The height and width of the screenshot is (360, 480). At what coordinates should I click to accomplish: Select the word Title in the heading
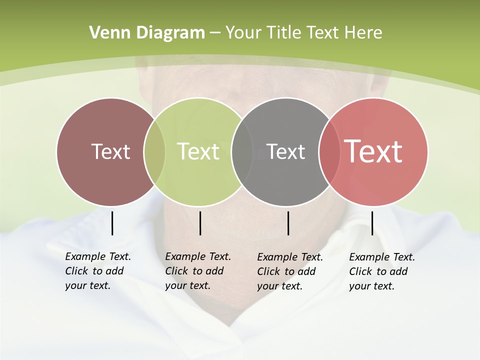[x=282, y=33]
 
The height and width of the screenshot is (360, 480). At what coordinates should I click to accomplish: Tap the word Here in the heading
[x=364, y=33]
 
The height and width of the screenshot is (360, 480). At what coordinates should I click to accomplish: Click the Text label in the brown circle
[x=110, y=151]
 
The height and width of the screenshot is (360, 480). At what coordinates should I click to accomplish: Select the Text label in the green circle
[x=198, y=151]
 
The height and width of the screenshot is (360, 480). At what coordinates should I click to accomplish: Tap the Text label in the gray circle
[x=285, y=151]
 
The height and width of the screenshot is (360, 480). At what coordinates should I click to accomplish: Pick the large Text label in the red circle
[x=373, y=151]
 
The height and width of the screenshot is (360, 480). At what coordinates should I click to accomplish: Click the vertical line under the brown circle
[x=112, y=223]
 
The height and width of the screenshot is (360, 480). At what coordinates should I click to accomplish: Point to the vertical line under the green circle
[x=200, y=223]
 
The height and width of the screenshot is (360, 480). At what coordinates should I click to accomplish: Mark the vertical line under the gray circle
[x=288, y=223]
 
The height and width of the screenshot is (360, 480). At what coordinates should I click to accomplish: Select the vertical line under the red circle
[x=372, y=223]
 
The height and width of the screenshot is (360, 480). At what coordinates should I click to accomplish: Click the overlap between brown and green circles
[x=154, y=152]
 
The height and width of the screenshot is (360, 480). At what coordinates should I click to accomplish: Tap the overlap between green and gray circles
[x=242, y=152]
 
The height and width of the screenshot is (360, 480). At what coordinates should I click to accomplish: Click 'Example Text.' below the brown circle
[x=98, y=256]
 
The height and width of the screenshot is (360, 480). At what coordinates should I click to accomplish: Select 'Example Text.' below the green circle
[x=198, y=256]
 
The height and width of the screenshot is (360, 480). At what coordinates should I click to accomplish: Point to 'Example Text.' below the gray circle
[x=290, y=257]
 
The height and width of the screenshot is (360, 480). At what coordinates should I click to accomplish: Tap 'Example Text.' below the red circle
[x=382, y=257]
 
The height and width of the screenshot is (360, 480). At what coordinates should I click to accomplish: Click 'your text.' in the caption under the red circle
[x=371, y=286]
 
